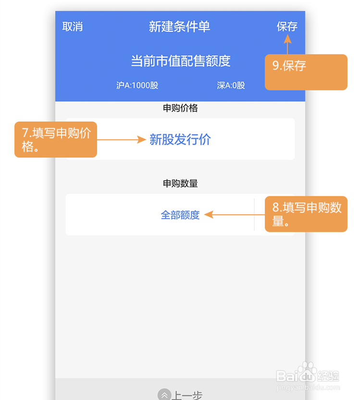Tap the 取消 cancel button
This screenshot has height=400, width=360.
pos(73,27)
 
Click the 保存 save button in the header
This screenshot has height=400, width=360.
pos(287,27)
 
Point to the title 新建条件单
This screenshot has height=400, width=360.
pos(179,27)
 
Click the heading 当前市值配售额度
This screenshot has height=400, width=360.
pos(181,61)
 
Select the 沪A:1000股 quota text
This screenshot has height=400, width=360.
pos(137,86)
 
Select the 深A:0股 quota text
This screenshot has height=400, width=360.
pos(231,86)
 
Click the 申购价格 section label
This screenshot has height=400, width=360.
pos(180,108)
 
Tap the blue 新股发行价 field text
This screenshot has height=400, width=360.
pos(180,140)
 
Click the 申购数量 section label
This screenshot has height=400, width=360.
pos(180,183)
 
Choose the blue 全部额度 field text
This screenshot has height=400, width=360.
pos(180,215)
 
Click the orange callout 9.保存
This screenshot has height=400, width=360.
pos(306,72)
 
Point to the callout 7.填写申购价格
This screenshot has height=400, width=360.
pos(56,139)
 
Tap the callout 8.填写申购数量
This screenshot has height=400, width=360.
pos(306,214)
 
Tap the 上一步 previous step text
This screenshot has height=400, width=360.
pos(187,395)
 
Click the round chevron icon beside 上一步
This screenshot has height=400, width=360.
pos(164,395)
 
